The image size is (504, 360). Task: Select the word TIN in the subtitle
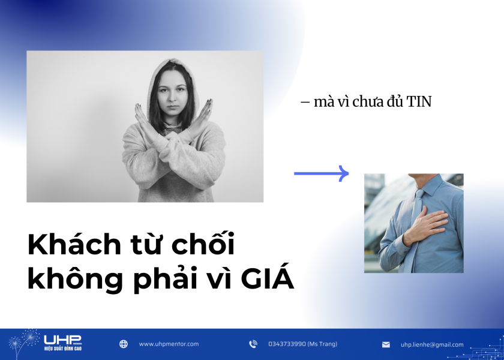click(419, 102)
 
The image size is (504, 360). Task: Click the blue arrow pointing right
click(322, 173)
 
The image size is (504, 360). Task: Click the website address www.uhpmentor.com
click(169, 344)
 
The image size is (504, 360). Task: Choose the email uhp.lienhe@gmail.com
click(432, 345)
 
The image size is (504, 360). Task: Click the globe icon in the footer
click(124, 344)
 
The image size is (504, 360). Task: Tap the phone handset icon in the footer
click(253, 344)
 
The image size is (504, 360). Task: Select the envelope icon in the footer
click(386, 345)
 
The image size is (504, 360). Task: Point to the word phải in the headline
click(164, 280)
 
